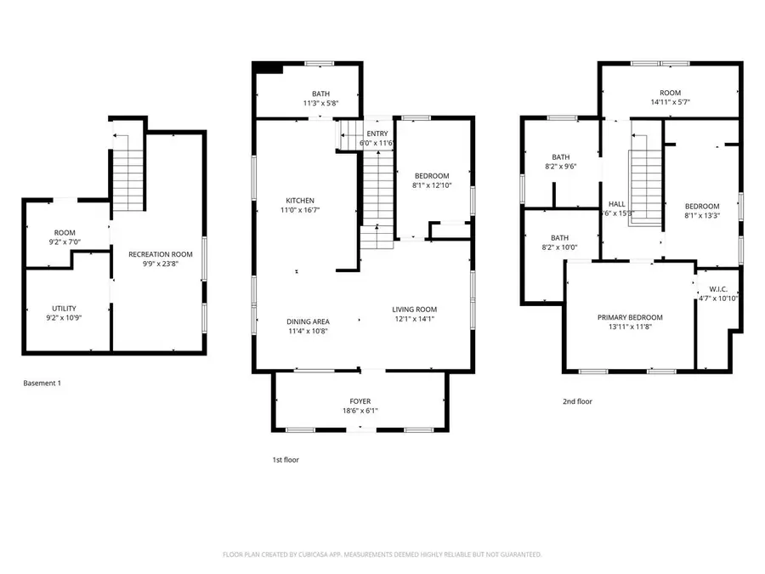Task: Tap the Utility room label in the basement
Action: (x=65, y=308)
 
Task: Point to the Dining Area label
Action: (x=308, y=321)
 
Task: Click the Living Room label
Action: (x=414, y=309)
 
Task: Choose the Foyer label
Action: (x=360, y=401)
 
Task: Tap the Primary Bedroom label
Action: (x=630, y=317)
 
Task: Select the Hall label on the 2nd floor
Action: (x=617, y=204)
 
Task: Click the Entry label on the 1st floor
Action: (x=377, y=134)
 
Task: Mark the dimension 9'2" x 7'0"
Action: (x=65, y=242)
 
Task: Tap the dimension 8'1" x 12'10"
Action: (x=431, y=185)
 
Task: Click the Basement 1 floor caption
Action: (x=42, y=384)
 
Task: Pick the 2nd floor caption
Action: (x=577, y=401)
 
